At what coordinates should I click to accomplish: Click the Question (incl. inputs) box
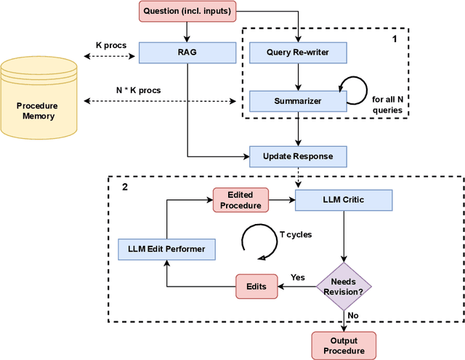pos(187,11)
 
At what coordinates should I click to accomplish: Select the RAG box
pos(188,52)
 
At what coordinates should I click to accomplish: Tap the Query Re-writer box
pos(298,52)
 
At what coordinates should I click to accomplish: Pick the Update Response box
pos(298,156)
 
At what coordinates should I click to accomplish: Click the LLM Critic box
pos(344,200)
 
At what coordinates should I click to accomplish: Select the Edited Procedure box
pos(240,199)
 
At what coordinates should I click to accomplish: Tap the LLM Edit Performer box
pos(167,249)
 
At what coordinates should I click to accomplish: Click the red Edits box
pos(256,286)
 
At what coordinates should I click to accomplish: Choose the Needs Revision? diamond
pos(344,287)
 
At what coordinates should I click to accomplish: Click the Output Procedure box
pos(344,345)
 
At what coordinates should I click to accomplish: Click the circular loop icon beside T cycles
pos(258,241)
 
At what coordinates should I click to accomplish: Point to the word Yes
pos(297,278)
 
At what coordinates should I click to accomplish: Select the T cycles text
pos(297,235)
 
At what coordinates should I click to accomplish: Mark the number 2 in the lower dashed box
pos(125,187)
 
